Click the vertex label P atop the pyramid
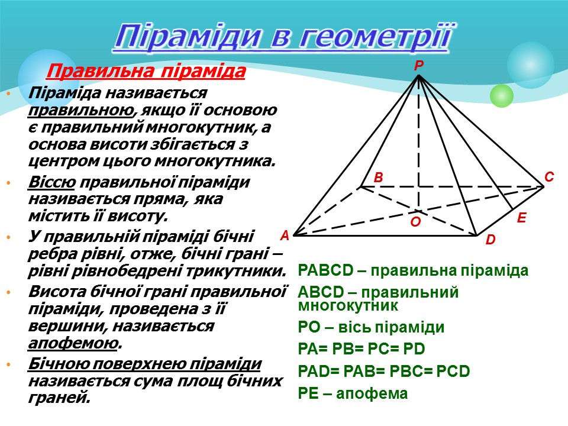[x=418, y=67]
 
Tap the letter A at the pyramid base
[x=285, y=235]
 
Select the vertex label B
[x=379, y=177]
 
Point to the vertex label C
[x=548, y=177]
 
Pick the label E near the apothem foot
[x=521, y=218]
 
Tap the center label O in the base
[x=415, y=222]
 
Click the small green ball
[x=502, y=95]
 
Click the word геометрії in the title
[x=377, y=37]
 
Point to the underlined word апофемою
[x=73, y=343]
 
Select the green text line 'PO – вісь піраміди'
[x=372, y=328]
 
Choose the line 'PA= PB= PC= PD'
[x=362, y=349]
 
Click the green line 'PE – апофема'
[x=353, y=393]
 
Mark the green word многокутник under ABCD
[x=348, y=306]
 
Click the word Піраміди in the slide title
[x=188, y=37]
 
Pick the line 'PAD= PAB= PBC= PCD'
[x=384, y=372]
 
